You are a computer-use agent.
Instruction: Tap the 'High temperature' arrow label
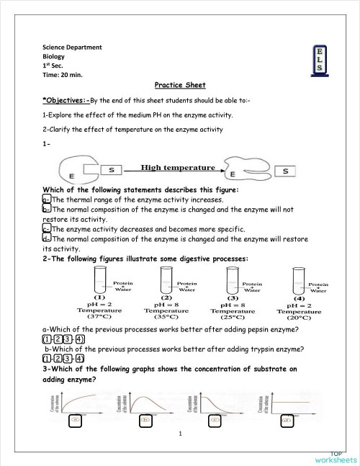(178, 167)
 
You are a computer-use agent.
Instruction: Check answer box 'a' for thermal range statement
(46, 200)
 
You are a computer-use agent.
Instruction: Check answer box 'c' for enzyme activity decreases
(46, 228)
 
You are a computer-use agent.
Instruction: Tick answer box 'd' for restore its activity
(46, 238)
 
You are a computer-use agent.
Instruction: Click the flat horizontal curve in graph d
(284, 399)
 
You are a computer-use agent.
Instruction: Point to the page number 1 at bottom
(180, 434)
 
